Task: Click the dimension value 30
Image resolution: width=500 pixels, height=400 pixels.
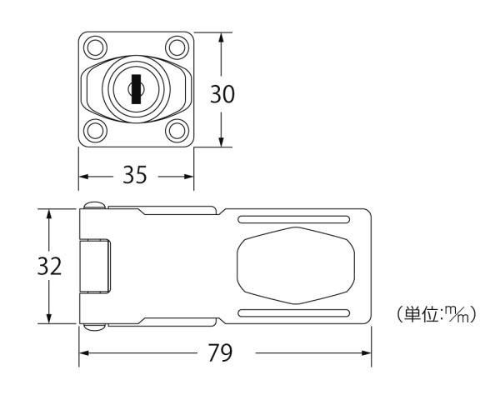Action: click(x=222, y=94)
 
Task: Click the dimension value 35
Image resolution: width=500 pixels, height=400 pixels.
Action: click(x=135, y=175)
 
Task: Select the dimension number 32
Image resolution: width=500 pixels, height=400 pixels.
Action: click(x=49, y=267)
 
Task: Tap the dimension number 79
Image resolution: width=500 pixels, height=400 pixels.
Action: click(x=220, y=352)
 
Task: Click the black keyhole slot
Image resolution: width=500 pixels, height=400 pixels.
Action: click(x=136, y=89)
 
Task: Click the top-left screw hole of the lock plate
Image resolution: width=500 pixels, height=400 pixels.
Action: click(x=95, y=47)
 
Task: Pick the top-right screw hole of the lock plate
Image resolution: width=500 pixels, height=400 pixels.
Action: click(x=177, y=47)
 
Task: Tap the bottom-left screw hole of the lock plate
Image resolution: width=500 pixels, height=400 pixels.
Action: click(x=95, y=131)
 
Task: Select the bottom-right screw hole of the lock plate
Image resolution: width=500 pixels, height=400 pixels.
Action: click(x=177, y=131)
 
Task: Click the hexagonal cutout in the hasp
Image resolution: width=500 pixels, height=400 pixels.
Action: click(x=296, y=265)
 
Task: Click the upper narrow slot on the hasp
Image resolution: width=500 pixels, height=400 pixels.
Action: click(x=293, y=219)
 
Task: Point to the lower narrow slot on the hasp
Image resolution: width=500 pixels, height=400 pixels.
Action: click(x=293, y=313)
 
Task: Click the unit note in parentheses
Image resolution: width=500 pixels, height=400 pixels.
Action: click(x=436, y=314)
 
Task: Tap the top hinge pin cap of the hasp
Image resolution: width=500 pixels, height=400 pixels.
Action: click(x=95, y=205)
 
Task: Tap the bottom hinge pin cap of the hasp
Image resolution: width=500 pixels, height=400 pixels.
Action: click(x=95, y=327)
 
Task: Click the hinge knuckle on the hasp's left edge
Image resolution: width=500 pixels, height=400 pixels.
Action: click(x=95, y=266)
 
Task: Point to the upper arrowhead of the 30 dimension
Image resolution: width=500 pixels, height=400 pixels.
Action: click(x=222, y=37)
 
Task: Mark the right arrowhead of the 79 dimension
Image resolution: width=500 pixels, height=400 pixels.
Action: click(x=366, y=352)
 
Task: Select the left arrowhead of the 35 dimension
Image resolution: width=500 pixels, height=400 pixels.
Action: click(x=84, y=177)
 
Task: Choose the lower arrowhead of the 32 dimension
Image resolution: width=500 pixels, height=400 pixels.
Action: click(x=49, y=318)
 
